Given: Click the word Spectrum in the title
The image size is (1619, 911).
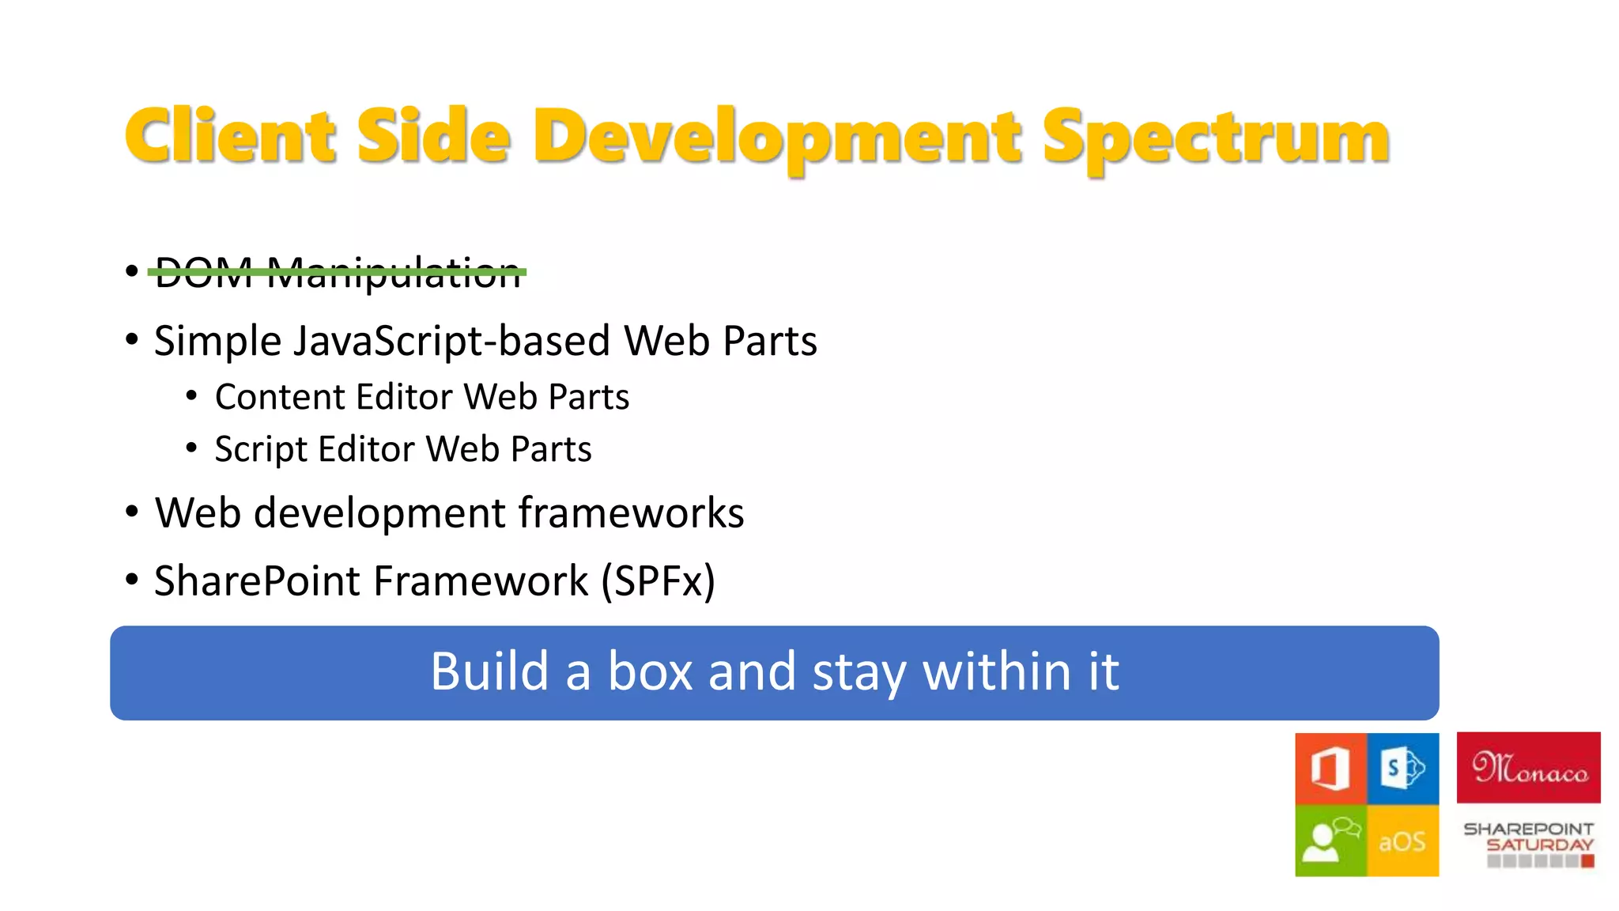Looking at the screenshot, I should click(x=1215, y=138).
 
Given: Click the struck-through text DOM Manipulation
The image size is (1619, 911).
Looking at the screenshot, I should click(x=338, y=273).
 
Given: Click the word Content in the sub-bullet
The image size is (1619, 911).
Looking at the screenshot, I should click(x=280, y=397).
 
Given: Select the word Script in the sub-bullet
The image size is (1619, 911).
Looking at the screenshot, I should click(x=260, y=449).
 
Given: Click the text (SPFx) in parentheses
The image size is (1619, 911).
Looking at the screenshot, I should click(x=658, y=581).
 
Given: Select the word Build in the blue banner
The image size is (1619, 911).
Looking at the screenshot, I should click(x=489, y=672).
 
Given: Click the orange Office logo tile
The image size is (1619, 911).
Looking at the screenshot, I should click(x=1330, y=768).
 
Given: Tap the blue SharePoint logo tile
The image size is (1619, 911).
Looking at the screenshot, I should click(x=1403, y=768).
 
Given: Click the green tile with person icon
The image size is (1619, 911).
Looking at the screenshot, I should click(x=1330, y=841).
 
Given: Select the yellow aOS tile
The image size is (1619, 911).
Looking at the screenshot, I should click(x=1402, y=841).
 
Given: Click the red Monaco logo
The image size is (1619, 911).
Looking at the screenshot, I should click(x=1528, y=768).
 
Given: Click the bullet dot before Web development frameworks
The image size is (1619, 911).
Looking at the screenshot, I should click(x=132, y=512).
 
